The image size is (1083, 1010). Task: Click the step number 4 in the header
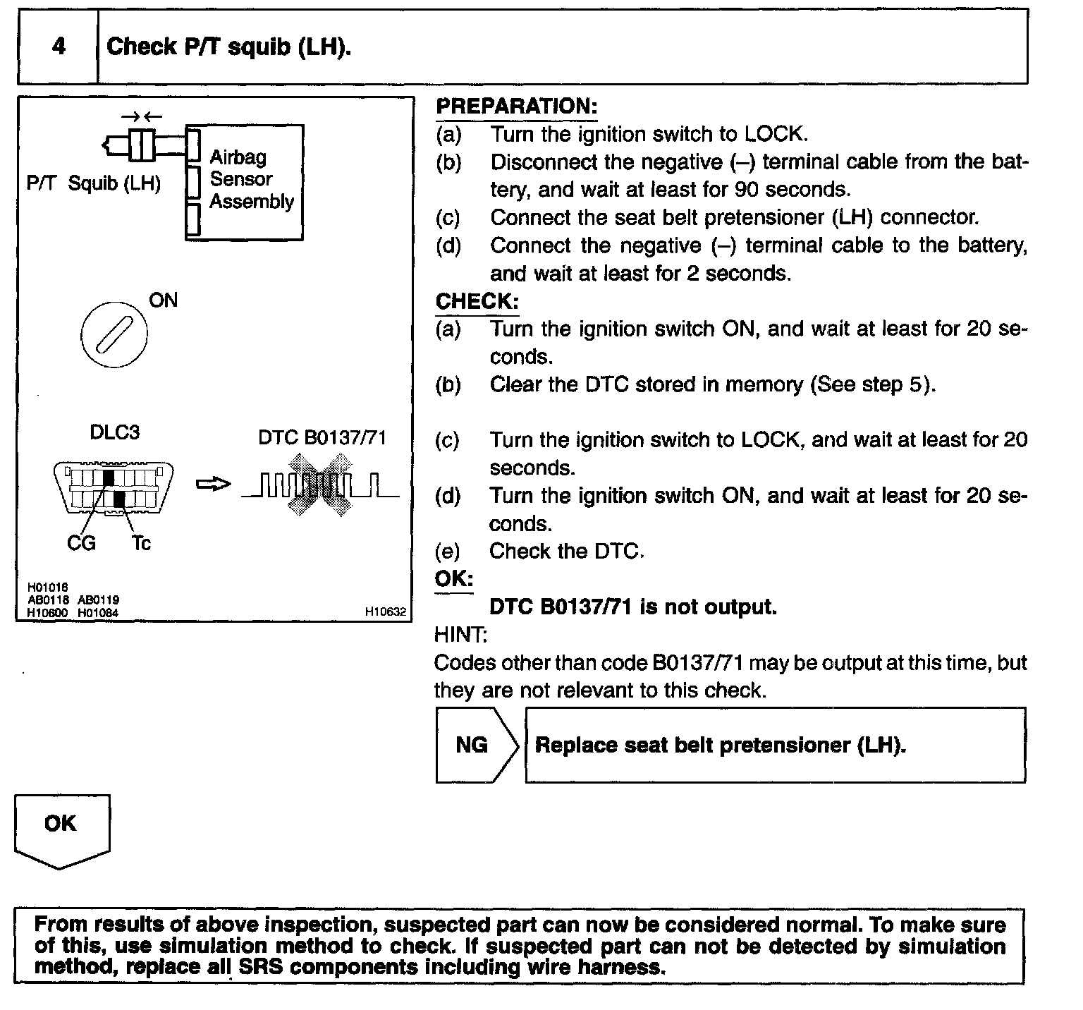click(59, 47)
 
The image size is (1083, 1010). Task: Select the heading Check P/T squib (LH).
click(228, 47)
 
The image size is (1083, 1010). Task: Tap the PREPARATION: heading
click(516, 107)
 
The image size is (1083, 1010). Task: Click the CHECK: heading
click(477, 301)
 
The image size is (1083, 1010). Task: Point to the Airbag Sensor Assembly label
click(251, 179)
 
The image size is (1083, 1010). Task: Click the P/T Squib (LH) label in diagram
click(93, 183)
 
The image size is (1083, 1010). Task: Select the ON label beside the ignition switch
click(163, 300)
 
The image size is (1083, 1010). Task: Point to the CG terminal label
click(81, 544)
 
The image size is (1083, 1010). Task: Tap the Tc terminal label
click(140, 544)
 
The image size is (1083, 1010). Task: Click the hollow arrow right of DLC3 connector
click(212, 485)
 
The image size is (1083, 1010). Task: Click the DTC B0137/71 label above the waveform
click(322, 437)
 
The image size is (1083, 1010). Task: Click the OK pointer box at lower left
click(61, 829)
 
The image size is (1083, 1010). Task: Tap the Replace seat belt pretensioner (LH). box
click(776, 746)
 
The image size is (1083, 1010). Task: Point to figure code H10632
click(386, 612)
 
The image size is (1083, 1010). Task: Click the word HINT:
click(460, 635)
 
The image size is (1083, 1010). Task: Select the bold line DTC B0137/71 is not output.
click(632, 607)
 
